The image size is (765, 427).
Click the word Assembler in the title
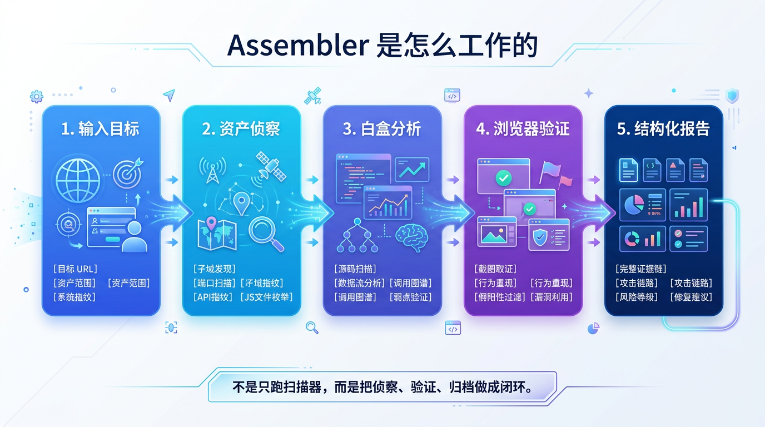297,46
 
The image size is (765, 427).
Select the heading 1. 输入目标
101,130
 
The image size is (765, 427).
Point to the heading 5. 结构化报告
663,130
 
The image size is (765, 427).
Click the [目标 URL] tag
75,269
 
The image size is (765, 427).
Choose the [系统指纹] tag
75,297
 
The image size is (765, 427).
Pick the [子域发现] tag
215,269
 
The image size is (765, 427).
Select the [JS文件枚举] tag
267,297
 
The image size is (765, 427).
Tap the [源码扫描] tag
355,269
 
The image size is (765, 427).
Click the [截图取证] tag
495,269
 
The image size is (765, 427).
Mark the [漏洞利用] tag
552,297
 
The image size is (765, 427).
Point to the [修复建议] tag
691,297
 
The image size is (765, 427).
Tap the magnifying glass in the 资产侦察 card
265,233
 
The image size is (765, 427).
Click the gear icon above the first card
37,97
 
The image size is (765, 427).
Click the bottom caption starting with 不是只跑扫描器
381,387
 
